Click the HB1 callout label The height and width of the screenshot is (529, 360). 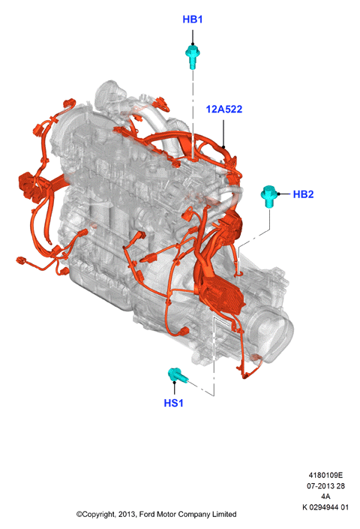point(193,20)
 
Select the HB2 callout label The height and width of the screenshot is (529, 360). point(303,194)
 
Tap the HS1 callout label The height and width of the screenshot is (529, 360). point(173,403)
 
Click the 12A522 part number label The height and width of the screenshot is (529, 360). point(224,109)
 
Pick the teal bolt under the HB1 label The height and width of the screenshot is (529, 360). point(193,57)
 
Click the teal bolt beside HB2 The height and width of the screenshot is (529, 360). point(269,197)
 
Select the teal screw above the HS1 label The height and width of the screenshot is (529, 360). point(178,375)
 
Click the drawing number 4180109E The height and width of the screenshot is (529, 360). point(325,475)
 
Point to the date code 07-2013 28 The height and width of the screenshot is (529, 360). point(325,485)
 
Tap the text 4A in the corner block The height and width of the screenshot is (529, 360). point(325,496)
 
